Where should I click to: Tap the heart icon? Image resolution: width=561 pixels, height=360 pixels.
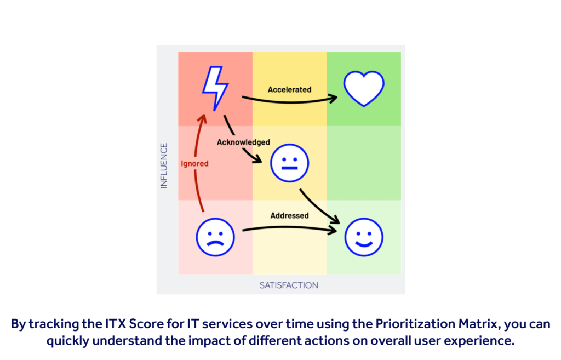point(364,88)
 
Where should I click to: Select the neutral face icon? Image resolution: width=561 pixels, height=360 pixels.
point(289,163)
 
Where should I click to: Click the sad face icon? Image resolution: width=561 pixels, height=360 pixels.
point(215,237)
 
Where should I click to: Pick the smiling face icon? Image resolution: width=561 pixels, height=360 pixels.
point(364,237)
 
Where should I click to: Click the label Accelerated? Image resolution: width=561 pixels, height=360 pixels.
point(289,89)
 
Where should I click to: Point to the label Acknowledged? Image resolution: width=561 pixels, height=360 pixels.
point(243,142)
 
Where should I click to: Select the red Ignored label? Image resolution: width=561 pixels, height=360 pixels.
point(194,163)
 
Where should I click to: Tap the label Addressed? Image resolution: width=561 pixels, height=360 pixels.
point(289,215)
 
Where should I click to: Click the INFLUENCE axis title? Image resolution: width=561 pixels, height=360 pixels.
point(163,165)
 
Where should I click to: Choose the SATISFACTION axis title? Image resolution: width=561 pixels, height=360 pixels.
point(289,285)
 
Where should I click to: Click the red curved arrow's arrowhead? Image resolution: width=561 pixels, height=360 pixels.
point(203,118)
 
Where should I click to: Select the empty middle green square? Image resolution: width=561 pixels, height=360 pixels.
point(364,163)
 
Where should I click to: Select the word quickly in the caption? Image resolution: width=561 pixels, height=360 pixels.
point(67,341)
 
